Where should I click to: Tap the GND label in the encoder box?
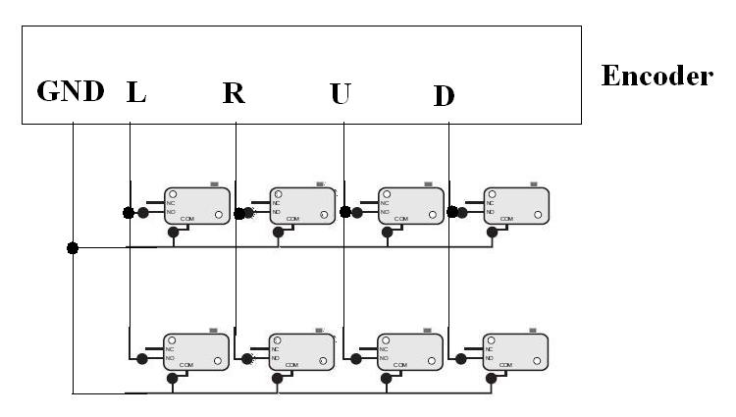pyautogui.click(x=70, y=93)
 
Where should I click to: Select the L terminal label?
pyautogui.click(x=135, y=93)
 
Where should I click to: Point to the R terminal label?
pyautogui.click(x=234, y=94)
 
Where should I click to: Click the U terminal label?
pyautogui.click(x=341, y=94)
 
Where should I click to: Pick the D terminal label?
pyautogui.click(x=444, y=96)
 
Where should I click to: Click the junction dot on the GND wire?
pyautogui.click(x=72, y=248)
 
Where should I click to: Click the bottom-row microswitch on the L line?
pyautogui.click(x=197, y=352)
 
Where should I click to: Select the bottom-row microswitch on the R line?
pyautogui.click(x=303, y=352)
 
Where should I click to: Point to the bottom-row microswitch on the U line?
pyautogui.click(x=411, y=352)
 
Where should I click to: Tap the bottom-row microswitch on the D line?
pyautogui.click(x=516, y=352)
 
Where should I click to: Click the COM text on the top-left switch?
pyautogui.click(x=184, y=219)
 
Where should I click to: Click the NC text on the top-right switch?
pyautogui.click(x=491, y=203)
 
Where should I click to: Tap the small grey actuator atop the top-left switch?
pyautogui.click(x=215, y=183)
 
